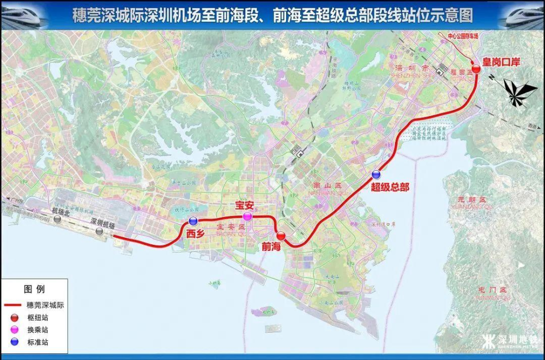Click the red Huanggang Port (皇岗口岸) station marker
coord(476,69)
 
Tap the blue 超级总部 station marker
coord(376,175)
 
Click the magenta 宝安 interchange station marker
coord(247,217)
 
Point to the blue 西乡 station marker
coord(193,221)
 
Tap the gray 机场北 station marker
coord(57,219)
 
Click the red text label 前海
coord(271,247)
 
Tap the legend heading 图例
coord(34,289)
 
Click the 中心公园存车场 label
coord(462,36)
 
